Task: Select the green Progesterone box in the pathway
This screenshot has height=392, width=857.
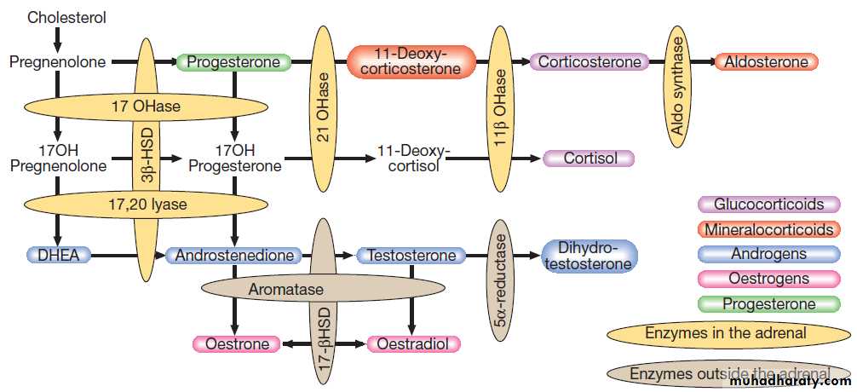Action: (233, 62)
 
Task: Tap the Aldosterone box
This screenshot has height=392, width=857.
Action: (767, 62)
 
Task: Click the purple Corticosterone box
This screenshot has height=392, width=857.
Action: (589, 62)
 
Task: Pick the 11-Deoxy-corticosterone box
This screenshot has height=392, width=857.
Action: (410, 62)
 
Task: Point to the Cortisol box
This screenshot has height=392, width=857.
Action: (587, 159)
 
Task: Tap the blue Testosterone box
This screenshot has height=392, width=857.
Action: (411, 255)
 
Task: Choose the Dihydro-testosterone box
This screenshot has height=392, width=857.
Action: (588, 256)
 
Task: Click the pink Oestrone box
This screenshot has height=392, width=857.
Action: (237, 344)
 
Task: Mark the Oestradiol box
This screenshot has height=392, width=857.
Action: (414, 344)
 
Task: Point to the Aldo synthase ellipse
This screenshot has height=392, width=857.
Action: (678, 84)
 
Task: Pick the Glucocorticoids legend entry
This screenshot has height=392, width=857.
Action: (768, 205)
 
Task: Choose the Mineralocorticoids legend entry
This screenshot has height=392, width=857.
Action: (768, 229)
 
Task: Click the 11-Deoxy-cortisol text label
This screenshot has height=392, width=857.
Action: (414, 159)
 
